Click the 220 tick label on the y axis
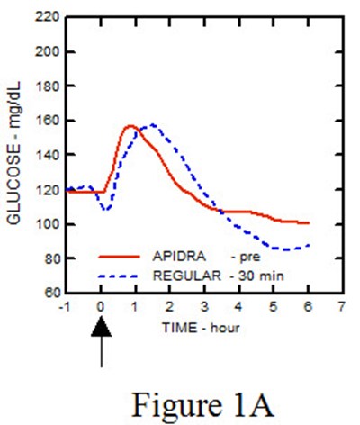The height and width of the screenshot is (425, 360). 48,17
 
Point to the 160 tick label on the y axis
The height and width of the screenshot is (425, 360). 48,121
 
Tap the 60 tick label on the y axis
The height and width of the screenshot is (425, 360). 50,294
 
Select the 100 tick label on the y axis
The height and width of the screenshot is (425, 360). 48,224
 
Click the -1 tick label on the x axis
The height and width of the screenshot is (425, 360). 67,307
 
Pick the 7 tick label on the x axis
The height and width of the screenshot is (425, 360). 340,307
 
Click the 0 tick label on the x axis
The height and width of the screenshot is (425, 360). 101,307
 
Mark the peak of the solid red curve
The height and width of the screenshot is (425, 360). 130,126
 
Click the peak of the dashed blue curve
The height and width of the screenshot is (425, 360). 152,125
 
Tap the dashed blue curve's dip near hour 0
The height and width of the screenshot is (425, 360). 106,210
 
